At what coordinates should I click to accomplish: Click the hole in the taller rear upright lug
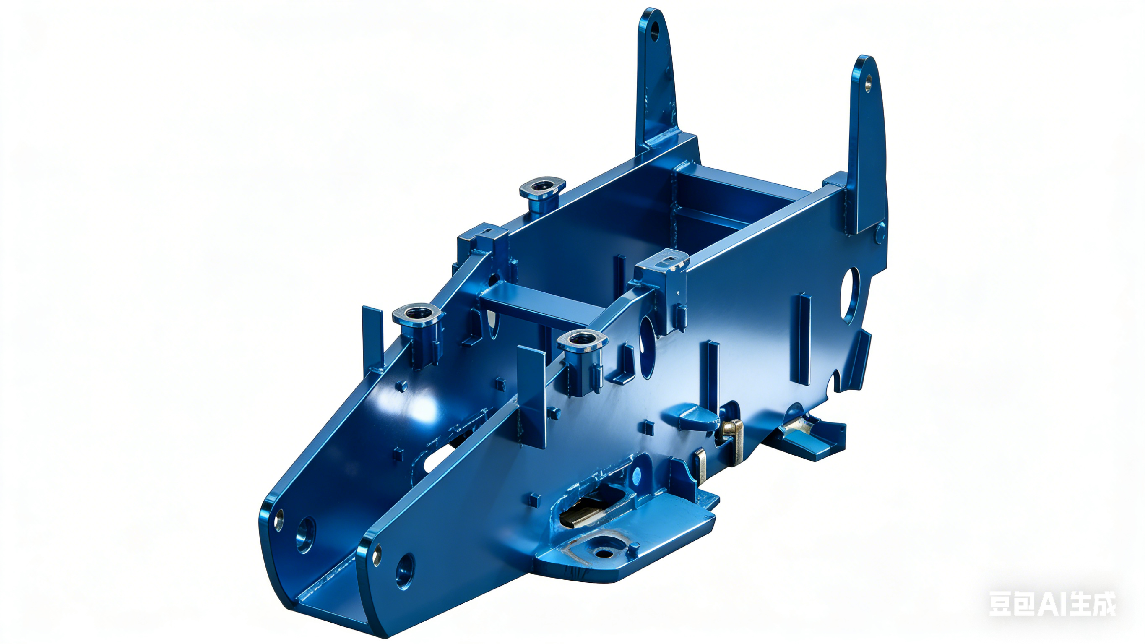655,30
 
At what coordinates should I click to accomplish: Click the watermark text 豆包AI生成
1052,603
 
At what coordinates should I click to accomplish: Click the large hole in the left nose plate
306,535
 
